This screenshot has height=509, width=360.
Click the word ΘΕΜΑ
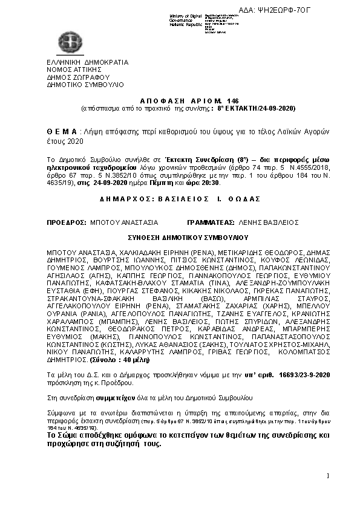pos(62,131)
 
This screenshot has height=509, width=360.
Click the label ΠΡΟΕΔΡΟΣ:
pos(67,222)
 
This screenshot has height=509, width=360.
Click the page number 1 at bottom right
pos(327,476)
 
